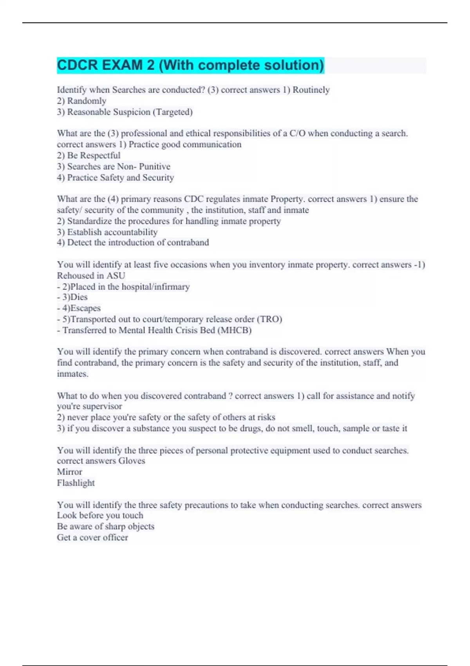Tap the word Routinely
point(311,90)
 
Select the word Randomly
point(87,101)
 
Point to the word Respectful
point(100,156)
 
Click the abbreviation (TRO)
point(269,319)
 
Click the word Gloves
point(132,461)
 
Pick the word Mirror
point(69,472)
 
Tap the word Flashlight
point(76,483)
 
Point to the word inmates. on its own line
point(72,374)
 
